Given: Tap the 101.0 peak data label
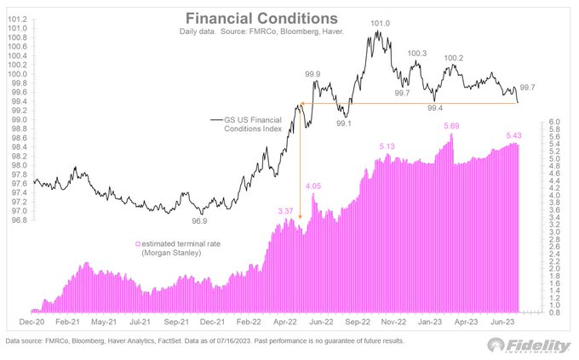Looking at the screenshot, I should (381, 24).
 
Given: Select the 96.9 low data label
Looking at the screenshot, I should (199, 221).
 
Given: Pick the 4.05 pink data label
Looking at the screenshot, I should (314, 186).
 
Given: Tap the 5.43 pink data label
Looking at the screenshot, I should (514, 135).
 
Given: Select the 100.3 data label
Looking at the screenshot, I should (417, 54).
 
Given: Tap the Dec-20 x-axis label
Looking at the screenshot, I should (32, 323).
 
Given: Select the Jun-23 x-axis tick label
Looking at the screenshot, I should (507, 323).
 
